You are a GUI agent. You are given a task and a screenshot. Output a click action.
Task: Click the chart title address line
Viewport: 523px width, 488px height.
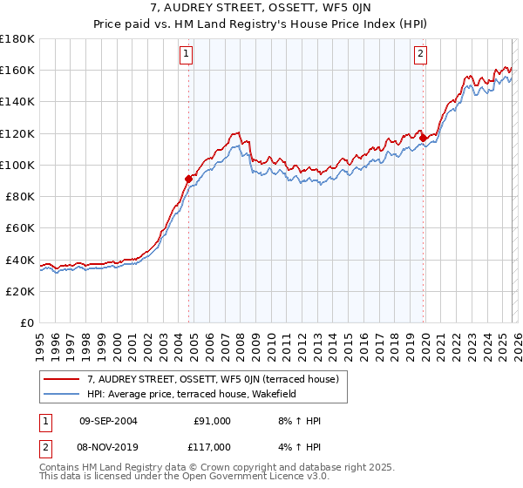261,9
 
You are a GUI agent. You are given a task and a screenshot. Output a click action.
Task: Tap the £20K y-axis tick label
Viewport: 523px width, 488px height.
20,291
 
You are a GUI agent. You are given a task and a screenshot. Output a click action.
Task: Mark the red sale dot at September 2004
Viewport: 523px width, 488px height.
188,179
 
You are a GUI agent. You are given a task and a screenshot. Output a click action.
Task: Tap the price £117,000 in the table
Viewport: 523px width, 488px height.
213,446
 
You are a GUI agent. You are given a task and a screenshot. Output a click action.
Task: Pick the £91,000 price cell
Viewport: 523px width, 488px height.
213,421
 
